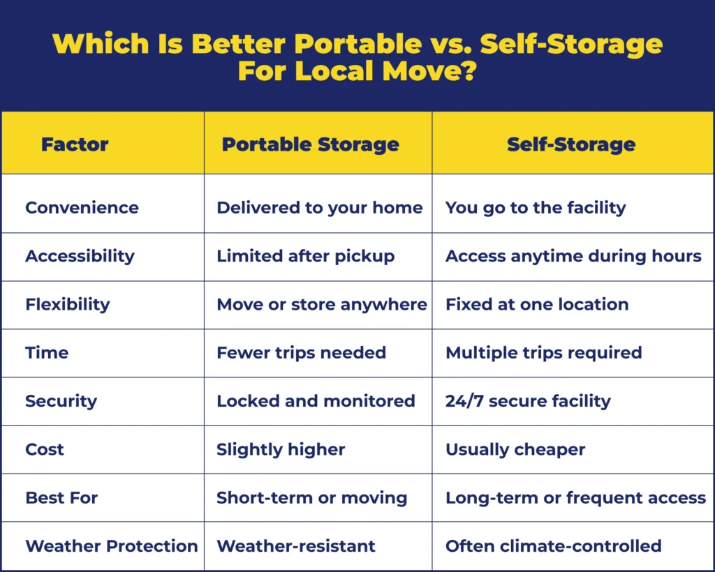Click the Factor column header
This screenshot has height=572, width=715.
(75, 145)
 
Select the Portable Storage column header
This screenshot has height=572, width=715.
(310, 145)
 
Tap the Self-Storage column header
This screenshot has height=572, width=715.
(571, 145)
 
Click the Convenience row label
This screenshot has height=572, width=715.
(82, 208)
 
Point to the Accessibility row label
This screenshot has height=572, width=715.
(80, 256)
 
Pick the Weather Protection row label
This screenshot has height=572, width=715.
(112, 546)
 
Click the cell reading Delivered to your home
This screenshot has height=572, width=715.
(319, 208)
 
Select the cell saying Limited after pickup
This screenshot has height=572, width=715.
(305, 256)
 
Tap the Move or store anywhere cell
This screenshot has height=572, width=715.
(321, 305)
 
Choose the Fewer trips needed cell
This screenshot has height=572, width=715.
(301, 353)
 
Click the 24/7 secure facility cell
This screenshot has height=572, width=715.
(528, 401)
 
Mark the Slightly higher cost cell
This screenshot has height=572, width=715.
(281, 450)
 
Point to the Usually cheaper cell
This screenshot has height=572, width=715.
(515, 450)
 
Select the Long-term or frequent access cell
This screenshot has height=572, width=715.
(575, 498)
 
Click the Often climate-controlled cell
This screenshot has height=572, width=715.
(553, 546)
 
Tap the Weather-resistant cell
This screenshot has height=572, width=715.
(296, 546)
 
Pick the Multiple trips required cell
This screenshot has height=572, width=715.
(543, 353)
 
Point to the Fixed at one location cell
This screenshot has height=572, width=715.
(537, 305)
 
